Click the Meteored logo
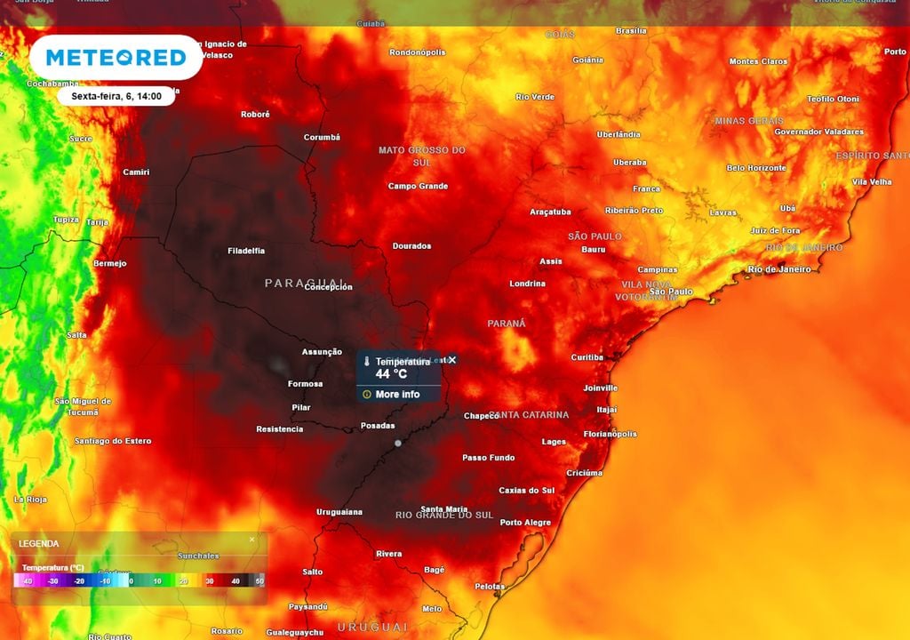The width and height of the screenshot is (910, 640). click(116, 58)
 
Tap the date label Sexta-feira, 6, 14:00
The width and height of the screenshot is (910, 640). click(110, 96)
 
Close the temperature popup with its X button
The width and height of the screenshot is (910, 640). click(452, 359)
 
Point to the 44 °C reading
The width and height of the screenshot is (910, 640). click(390, 374)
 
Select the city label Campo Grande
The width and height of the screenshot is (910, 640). click(418, 187)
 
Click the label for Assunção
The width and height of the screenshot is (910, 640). click(322, 352)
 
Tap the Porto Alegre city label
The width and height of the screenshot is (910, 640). click(525, 523)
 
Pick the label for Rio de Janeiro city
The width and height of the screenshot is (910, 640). click(779, 269)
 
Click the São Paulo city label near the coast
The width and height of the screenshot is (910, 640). click(671, 292)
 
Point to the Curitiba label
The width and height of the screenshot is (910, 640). click(587, 357)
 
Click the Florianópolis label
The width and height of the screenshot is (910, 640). click(610, 434)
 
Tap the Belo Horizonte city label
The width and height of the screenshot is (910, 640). click(756, 168)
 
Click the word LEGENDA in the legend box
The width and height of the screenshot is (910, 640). click(39, 543)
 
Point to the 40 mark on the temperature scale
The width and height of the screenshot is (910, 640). click(235, 580)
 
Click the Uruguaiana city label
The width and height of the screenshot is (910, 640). click(339, 512)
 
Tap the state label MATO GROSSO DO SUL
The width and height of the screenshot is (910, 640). click(422, 156)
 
